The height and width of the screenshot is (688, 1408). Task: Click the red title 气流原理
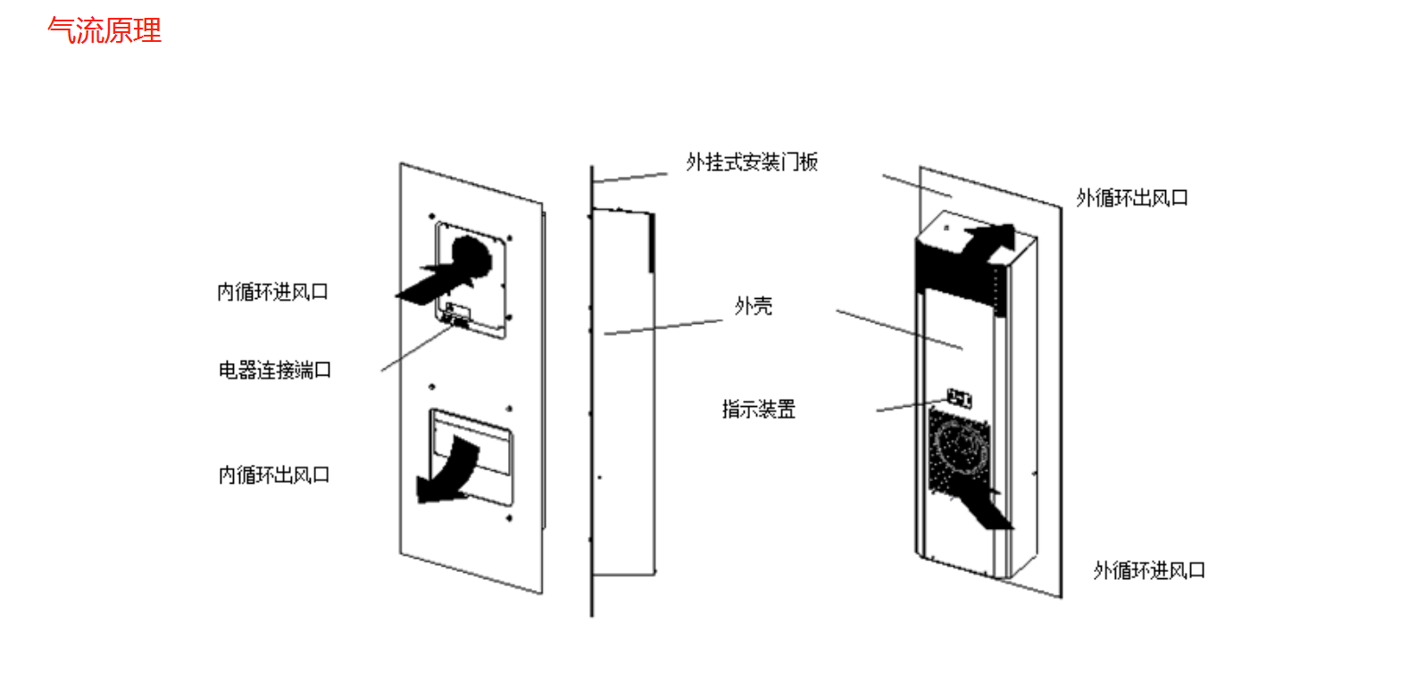(x=104, y=30)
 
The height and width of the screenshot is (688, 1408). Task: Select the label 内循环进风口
(x=273, y=292)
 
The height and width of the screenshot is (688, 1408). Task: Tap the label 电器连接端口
(x=275, y=369)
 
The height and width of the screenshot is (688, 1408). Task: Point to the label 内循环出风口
(x=274, y=475)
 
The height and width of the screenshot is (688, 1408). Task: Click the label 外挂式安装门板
(x=752, y=162)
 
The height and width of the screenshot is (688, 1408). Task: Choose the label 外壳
(x=754, y=306)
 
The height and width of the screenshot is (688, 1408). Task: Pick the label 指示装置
(x=759, y=410)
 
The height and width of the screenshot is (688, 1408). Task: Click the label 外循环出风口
(x=1132, y=198)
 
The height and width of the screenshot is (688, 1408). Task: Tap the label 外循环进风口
(x=1149, y=570)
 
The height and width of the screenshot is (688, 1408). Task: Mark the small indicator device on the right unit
(x=959, y=398)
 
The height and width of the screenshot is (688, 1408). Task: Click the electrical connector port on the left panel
(x=457, y=316)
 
